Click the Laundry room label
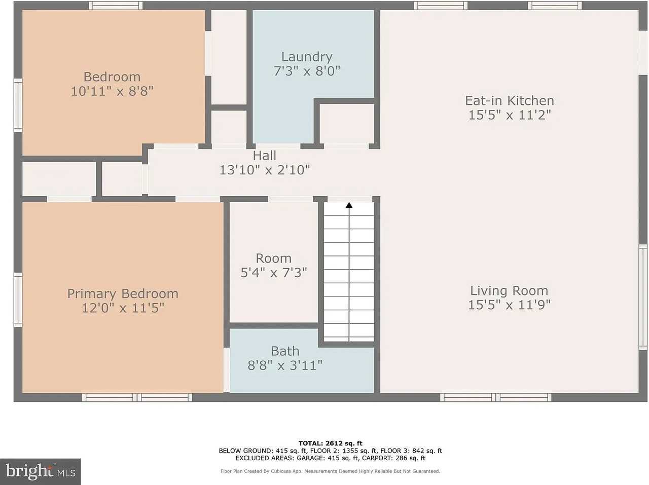[307, 57]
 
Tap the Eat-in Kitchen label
[510, 100]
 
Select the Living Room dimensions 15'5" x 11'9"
[509, 305]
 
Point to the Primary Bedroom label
[123, 294]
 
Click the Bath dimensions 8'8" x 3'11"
[285, 365]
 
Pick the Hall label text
[264, 156]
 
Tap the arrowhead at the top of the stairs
[349, 205]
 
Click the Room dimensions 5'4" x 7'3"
[274, 273]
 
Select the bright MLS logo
[40, 471]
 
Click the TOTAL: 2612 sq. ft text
[330, 443]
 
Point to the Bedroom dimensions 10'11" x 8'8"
[112, 91]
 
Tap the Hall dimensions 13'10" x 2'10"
[264, 170]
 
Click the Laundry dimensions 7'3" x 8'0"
[307, 71]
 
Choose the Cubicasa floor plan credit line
[330, 471]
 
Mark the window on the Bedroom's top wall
[116, 6]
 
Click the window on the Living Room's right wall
[643, 297]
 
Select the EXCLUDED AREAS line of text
[330, 459]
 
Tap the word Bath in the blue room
[285, 351]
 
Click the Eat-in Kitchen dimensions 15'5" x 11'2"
[510, 115]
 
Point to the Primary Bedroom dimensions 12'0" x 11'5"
[123, 308]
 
